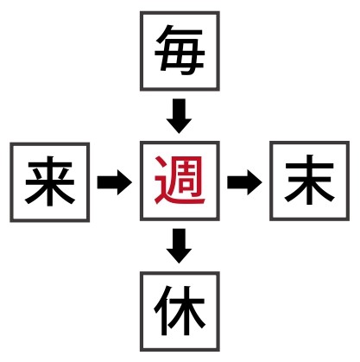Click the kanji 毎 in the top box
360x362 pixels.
(x=180, y=51)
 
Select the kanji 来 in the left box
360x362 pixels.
(x=50, y=181)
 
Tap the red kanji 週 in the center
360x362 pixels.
(x=180, y=181)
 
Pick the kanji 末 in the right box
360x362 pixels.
(x=309, y=180)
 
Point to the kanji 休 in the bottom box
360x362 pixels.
(x=180, y=310)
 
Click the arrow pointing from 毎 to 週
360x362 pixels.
(x=179, y=116)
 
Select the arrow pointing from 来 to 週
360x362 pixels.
(x=115, y=182)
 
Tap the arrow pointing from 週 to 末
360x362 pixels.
(x=244, y=182)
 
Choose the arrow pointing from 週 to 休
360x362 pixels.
(x=179, y=246)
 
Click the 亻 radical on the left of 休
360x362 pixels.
(x=161, y=310)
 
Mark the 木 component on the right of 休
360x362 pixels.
(x=187, y=310)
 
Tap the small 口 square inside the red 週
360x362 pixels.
(x=186, y=184)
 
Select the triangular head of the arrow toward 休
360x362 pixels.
(x=179, y=255)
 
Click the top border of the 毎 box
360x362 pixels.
(x=180, y=13)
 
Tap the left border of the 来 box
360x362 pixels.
(x=11, y=182)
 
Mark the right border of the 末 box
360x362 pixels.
(x=348, y=181)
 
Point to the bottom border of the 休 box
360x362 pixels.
(x=180, y=350)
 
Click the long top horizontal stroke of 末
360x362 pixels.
(x=309, y=166)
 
